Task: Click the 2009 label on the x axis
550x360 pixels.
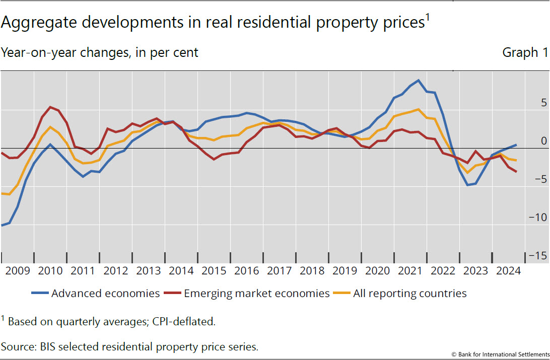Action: [x=18, y=271]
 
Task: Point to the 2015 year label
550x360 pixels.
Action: [x=214, y=271]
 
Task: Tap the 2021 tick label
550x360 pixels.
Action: [x=410, y=271]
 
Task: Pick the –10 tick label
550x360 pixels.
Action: [x=537, y=218]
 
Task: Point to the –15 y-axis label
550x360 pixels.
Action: [x=537, y=256]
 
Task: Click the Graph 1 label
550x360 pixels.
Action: [x=520, y=53]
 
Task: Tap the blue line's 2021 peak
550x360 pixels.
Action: [x=418, y=81]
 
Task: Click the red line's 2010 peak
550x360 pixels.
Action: [x=50, y=107]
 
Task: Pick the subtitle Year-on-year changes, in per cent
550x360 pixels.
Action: [x=100, y=53]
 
